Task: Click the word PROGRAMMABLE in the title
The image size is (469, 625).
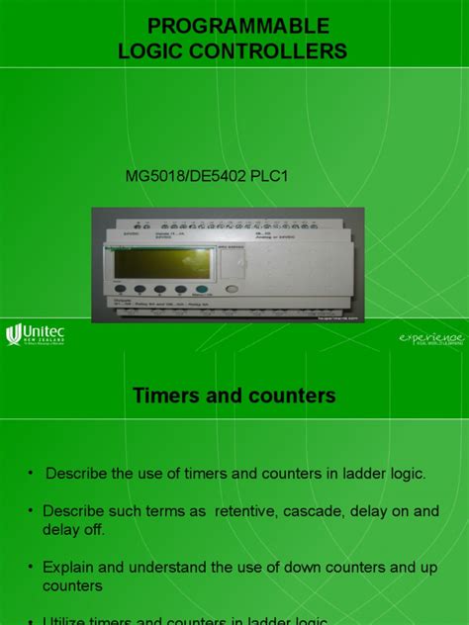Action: click(x=238, y=26)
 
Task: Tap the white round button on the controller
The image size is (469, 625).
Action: click(x=232, y=290)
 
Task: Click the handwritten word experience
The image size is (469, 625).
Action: click(x=430, y=338)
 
